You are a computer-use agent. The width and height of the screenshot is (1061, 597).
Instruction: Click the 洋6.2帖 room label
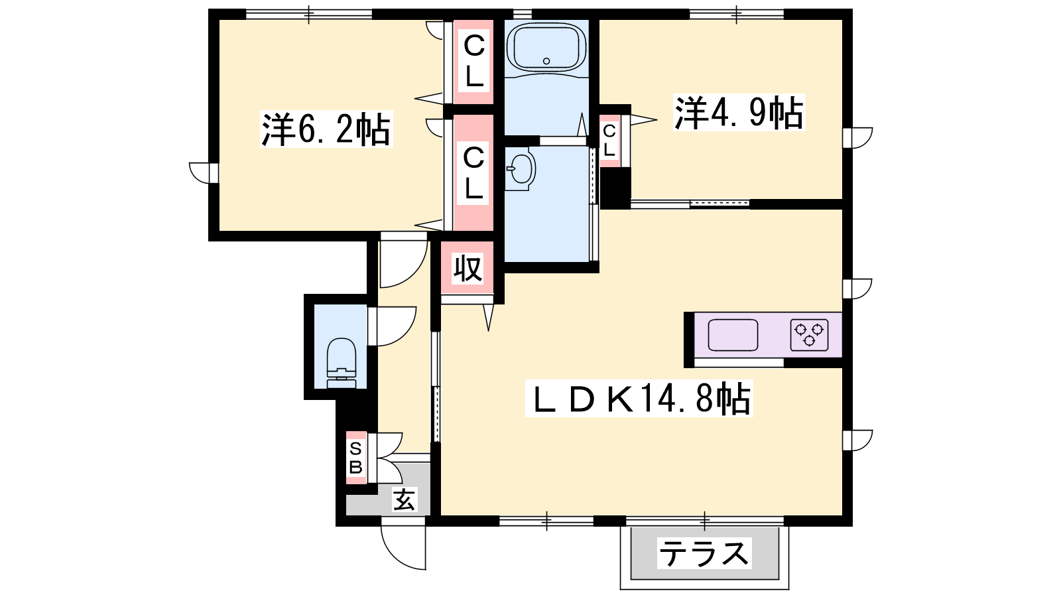(x=326, y=129)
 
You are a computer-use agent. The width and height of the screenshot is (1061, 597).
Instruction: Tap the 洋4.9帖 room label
(x=739, y=113)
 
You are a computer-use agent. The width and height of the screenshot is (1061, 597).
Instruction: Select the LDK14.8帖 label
(x=639, y=399)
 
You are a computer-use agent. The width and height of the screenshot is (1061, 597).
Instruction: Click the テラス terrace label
(x=704, y=553)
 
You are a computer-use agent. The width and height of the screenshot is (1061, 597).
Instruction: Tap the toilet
(x=341, y=363)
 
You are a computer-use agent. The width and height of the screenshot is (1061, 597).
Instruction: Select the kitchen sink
(x=733, y=335)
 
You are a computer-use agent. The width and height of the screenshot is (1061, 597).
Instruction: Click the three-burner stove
(x=810, y=335)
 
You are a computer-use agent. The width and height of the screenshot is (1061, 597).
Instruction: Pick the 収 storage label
(x=468, y=269)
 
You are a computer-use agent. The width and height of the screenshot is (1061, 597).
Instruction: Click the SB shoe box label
(x=355, y=458)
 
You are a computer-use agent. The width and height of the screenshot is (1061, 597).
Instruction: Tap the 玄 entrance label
(x=404, y=499)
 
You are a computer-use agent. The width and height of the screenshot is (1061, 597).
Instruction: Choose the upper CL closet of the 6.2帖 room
(x=473, y=62)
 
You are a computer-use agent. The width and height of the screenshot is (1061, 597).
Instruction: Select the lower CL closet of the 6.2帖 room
(x=473, y=172)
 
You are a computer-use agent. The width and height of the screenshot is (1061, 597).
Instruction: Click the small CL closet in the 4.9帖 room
(x=609, y=141)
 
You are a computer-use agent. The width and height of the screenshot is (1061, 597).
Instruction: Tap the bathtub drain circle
(x=546, y=61)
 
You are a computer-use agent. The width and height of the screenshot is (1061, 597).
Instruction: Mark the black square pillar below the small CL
(x=615, y=188)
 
